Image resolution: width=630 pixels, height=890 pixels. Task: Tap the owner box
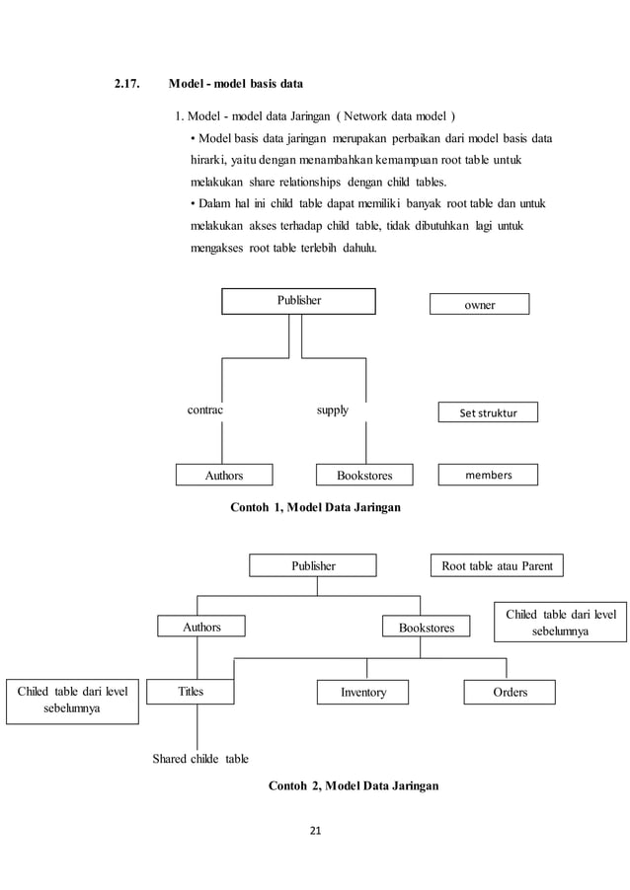coord(479,304)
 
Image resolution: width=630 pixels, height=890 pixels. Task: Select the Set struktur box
coord(488,411)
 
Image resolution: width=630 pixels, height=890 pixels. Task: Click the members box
coord(488,475)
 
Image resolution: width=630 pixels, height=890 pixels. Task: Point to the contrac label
coord(205,409)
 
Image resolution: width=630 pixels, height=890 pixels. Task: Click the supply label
coord(332,409)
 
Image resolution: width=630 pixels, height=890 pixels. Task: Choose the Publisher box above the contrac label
coord(297,301)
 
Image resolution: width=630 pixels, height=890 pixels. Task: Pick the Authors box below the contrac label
coord(223,475)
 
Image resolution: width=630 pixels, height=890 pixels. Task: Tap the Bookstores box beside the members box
coord(364,475)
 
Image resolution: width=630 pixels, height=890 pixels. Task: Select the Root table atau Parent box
coord(498,565)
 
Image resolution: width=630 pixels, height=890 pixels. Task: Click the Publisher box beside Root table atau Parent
coord(312,565)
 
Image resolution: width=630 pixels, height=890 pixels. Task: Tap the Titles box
coord(191,692)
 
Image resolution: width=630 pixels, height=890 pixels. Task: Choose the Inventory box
coord(363,693)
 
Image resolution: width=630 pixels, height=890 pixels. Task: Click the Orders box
coord(510,692)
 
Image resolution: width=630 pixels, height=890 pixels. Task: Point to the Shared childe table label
coord(199,759)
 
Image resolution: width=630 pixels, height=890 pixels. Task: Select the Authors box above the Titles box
coord(201,627)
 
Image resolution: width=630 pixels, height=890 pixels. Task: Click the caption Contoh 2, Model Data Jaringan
coord(354,785)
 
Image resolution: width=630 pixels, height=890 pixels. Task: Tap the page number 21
coord(315,829)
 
